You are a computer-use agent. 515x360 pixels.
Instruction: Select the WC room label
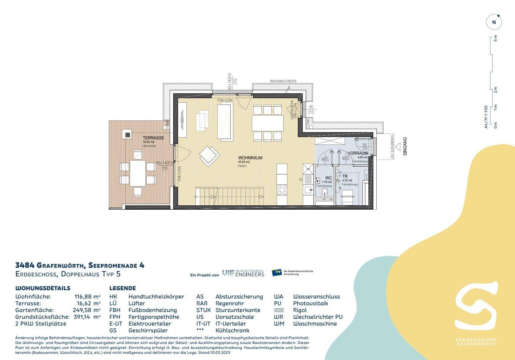point(328,178)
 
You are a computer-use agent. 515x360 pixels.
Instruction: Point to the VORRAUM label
point(357,153)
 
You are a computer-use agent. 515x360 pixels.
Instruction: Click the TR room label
point(345,176)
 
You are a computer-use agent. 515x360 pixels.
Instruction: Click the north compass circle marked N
point(494,23)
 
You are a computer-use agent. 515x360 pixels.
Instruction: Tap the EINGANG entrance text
point(405,147)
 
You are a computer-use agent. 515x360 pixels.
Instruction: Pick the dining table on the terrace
point(137,173)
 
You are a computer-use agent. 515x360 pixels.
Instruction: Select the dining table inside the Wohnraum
point(267,123)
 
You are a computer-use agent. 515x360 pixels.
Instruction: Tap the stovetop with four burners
point(282,189)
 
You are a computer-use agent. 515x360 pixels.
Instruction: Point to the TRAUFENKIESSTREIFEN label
point(283,81)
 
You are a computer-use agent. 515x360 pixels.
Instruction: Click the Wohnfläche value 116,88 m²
point(87,297)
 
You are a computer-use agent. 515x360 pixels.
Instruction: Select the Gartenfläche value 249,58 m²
point(87,310)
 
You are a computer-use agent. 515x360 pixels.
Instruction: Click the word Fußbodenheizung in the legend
point(153,310)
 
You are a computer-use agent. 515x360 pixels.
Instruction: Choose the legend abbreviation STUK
point(203,310)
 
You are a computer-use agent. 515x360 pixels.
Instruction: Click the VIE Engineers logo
point(243,274)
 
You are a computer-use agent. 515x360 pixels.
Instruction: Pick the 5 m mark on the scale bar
point(495,38)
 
